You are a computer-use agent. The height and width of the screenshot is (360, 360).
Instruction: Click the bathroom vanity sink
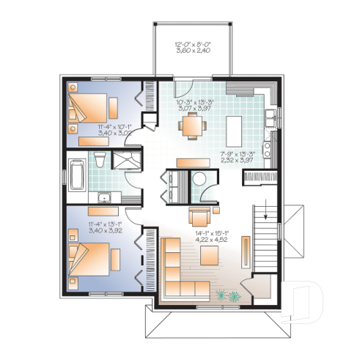105,196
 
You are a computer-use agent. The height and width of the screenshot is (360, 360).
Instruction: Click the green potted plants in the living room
227,295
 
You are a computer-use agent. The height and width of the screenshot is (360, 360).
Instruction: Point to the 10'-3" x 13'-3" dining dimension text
193,105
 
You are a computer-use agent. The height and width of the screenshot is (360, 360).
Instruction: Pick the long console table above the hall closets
193,161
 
